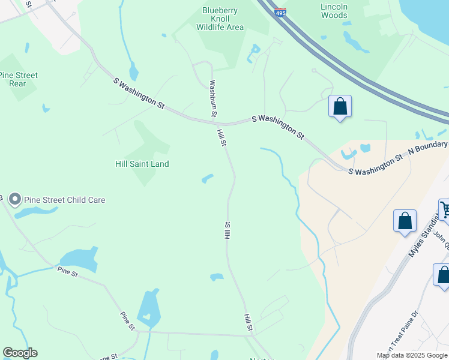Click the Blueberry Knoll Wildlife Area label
point(223,19)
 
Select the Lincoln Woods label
point(334,11)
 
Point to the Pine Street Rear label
point(19,79)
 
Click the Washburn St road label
point(212,98)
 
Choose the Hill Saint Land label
point(142,164)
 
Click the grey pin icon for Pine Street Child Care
point(15,199)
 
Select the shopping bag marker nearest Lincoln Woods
point(340,107)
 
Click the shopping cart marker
point(445,211)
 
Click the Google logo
point(20,353)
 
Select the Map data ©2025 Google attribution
point(412,355)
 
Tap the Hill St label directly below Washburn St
point(221,139)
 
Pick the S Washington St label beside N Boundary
point(376,164)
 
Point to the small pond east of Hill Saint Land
point(208,178)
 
